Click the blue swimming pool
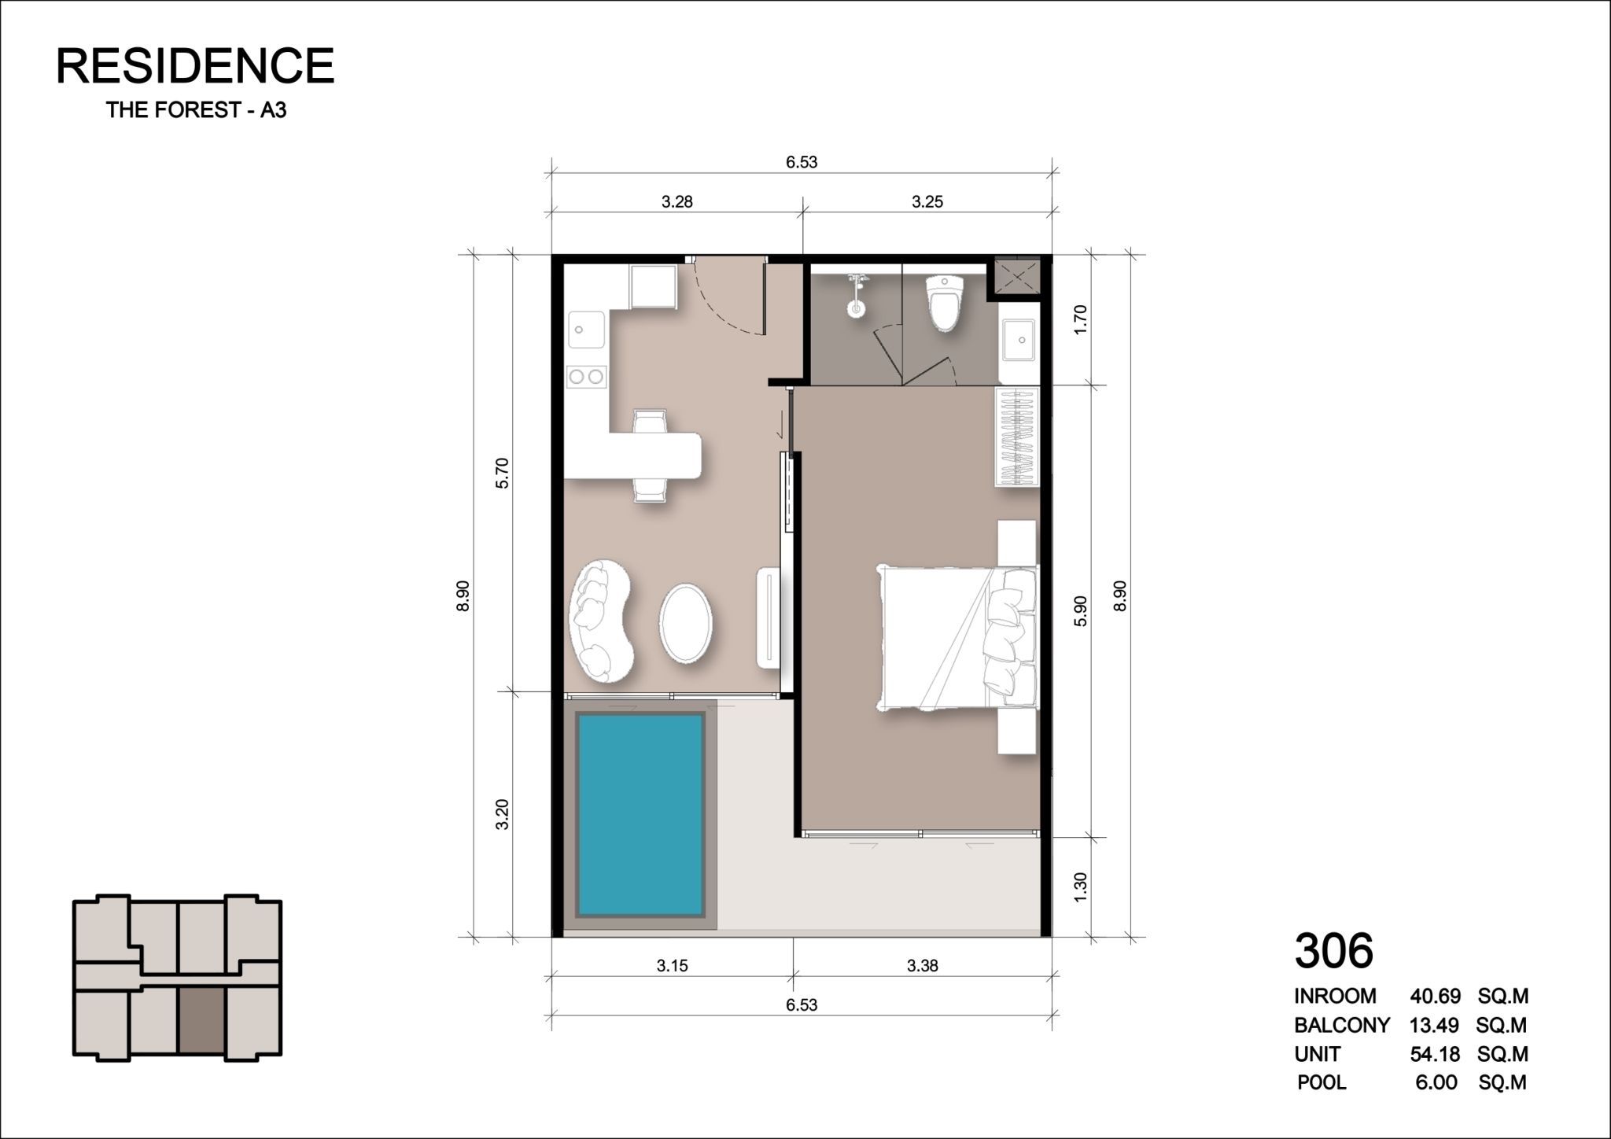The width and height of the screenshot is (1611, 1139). point(640,815)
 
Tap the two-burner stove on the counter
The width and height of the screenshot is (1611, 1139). point(587,377)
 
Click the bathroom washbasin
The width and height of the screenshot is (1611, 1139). point(1019,340)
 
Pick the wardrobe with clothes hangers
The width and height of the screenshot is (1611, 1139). point(1018,437)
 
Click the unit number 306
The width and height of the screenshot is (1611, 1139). point(1334,951)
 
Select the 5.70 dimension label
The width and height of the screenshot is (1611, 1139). point(503,473)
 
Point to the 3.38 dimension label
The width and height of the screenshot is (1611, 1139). point(922,965)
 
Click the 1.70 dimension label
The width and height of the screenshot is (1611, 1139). point(1080,320)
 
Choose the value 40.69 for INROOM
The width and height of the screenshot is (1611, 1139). point(1436,997)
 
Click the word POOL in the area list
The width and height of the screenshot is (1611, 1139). point(1322,1082)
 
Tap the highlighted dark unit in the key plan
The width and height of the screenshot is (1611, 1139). point(202,1020)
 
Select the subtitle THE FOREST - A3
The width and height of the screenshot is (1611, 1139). point(196,110)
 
